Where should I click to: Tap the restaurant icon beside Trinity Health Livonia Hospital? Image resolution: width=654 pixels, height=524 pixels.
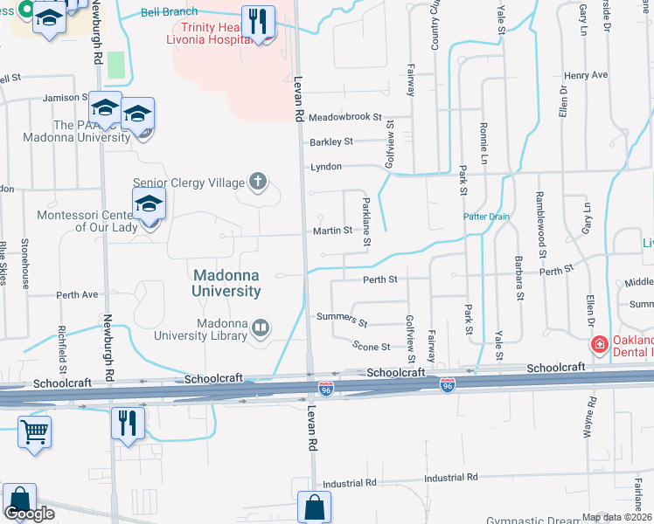[258, 21]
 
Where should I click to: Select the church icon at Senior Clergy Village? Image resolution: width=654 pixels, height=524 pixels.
[258, 182]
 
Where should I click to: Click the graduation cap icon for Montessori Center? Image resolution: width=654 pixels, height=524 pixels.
[150, 204]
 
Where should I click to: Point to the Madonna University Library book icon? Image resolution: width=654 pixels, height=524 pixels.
[260, 328]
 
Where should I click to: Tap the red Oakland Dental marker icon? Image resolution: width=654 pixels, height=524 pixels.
[599, 344]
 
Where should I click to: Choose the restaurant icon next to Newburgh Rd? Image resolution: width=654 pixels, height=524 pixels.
[128, 424]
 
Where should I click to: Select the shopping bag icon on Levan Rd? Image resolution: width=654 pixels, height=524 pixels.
[314, 507]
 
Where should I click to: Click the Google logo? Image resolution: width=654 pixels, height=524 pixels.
[29, 514]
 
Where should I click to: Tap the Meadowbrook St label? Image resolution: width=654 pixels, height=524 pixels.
[346, 116]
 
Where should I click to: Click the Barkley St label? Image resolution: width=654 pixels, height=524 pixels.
[330, 141]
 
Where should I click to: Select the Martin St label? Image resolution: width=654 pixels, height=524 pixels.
[332, 231]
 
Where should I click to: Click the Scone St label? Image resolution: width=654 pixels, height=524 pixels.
[371, 346]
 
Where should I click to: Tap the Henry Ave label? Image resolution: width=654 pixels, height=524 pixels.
[586, 75]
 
